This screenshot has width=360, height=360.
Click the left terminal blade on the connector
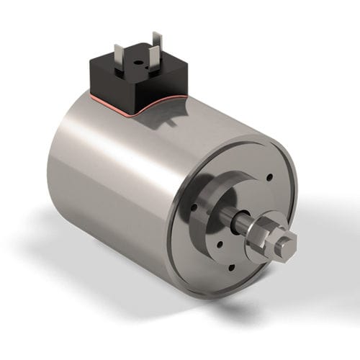coord(120,57)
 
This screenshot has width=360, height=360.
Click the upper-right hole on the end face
coord(269,177)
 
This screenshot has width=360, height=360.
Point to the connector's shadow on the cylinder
coord(173,122)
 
